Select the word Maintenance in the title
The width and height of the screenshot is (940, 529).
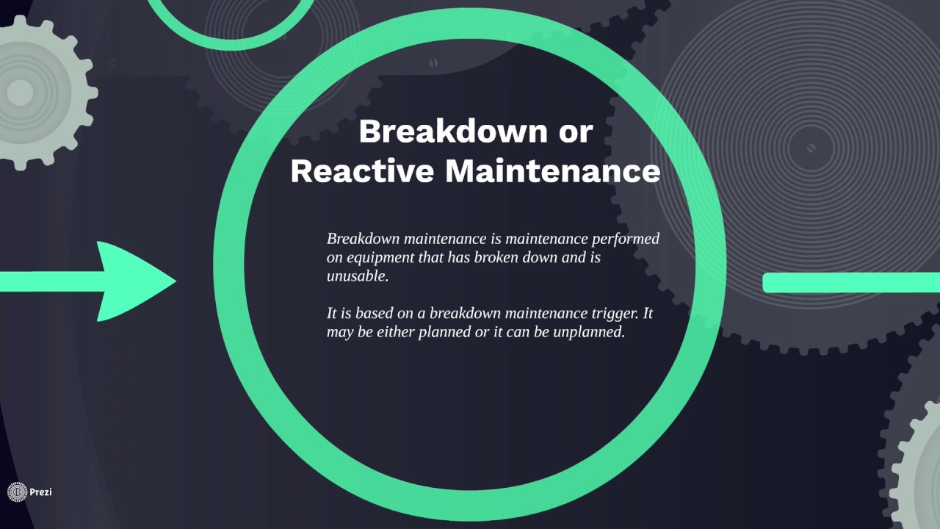point(552,171)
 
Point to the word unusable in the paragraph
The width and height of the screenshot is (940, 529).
point(357,277)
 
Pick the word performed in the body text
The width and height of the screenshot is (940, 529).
point(625,239)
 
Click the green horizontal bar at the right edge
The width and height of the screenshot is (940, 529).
point(852,283)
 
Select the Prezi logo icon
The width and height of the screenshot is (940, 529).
point(17,492)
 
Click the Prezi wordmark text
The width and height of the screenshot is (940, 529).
point(40,492)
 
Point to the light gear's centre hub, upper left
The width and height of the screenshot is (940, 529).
point(21,93)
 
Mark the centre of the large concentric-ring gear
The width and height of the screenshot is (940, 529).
point(811,148)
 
